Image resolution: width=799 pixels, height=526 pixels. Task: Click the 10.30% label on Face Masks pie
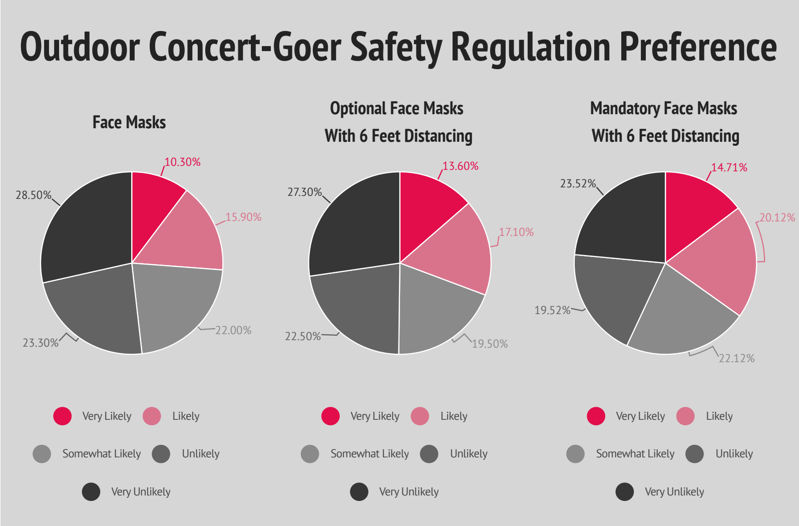click(183, 162)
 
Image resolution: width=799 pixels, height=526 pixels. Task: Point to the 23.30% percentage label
click(41, 343)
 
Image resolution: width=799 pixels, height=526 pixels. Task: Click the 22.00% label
click(233, 331)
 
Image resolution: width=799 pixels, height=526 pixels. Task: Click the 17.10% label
click(516, 232)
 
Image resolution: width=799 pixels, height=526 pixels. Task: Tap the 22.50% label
click(303, 337)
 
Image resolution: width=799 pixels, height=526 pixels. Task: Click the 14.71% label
click(729, 168)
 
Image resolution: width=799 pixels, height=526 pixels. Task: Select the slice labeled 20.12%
click(721, 260)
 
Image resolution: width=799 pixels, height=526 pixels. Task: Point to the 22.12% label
click(736, 359)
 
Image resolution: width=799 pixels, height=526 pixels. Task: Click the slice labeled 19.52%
click(616, 296)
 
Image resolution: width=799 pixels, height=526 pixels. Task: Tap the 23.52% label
click(578, 184)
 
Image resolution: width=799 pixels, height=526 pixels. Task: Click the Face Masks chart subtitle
click(129, 123)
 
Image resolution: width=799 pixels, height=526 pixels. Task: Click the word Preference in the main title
click(698, 47)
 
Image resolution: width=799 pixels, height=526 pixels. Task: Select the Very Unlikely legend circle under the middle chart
click(359, 492)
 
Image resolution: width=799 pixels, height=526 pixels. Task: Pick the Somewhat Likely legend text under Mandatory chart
click(635, 454)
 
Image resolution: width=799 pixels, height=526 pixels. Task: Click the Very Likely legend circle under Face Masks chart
click(63, 416)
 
